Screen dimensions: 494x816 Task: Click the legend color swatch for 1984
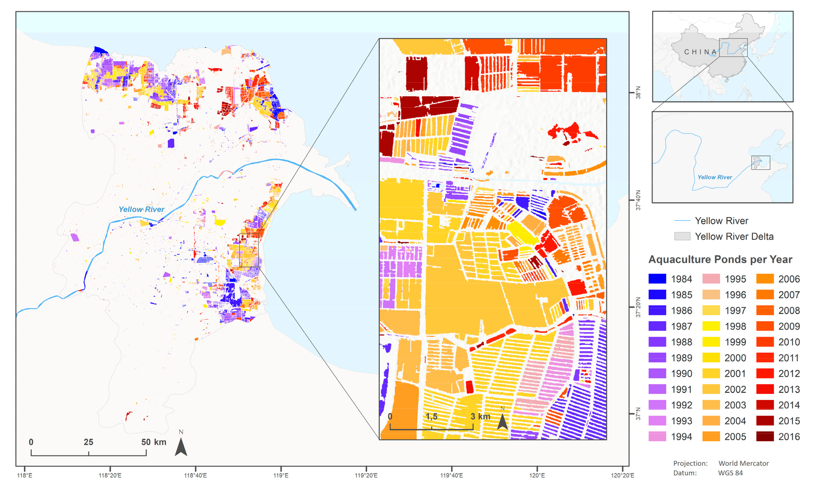click(x=657, y=279)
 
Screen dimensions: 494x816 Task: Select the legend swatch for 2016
click(x=765, y=436)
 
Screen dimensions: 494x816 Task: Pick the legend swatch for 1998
click(x=711, y=326)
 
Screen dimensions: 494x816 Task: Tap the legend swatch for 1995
click(x=711, y=279)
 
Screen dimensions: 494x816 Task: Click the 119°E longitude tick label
click(x=281, y=475)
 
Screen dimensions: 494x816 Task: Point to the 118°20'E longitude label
click(x=110, y=475)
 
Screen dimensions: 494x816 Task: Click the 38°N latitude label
click(x=638, y=93)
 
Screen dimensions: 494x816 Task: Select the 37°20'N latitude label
click(x=638, y=307)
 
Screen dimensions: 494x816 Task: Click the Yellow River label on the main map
click(x=141, y=209)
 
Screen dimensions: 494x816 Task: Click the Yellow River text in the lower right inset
click(x=715, y=177)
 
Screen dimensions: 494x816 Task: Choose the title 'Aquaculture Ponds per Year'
click(x=720, y=259)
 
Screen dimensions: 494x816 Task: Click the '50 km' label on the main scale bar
click(x=154, y=442)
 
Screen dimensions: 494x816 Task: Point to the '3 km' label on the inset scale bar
click(x=480, y=416)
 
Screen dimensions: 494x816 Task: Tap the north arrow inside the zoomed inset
click(x=502, y=420)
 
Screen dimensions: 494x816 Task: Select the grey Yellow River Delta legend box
click(x=682, y=236)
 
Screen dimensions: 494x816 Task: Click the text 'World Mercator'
click(x=743, y=463)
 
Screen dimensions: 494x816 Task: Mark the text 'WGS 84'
click(x=730, y=473)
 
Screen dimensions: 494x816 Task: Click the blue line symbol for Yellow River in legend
click(x=682, y=221)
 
